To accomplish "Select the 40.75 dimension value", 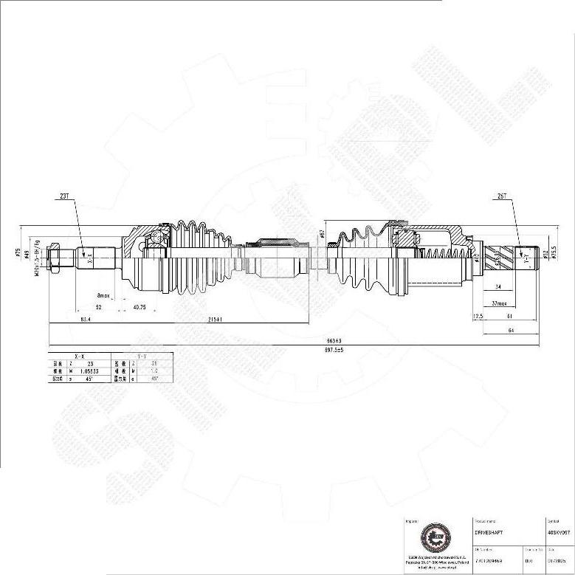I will click(x=138, y=307).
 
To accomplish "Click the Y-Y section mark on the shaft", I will click(x=526, y=260).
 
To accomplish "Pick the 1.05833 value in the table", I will click(x=90, y=371).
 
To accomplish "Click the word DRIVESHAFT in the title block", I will click(x=488, y=531).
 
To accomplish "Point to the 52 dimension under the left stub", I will click(x=98, y=307).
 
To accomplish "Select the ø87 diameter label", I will click(x=323, y=234).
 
